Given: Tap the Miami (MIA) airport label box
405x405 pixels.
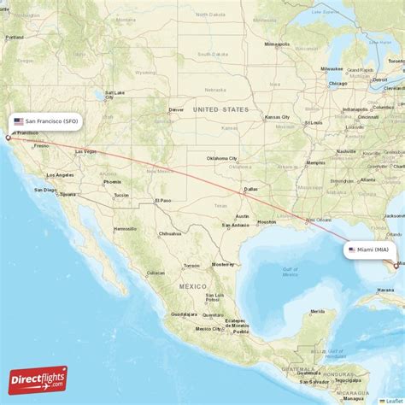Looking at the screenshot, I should click(x=373, y=249).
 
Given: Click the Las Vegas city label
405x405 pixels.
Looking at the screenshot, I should click(x=85, y=151).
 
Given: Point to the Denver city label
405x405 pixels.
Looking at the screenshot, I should click(x=176, y=109).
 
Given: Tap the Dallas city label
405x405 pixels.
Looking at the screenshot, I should click(x=250, y=189).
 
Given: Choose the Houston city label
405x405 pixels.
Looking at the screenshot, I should click(x=267, y=221).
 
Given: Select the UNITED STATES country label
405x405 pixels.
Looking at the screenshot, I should click(x=220, y=109).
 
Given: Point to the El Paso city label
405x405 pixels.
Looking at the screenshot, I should click(x=163, y=200).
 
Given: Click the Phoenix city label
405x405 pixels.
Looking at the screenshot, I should click(x=112, y=182).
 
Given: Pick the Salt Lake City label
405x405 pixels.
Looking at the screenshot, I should click(x=115, y=94).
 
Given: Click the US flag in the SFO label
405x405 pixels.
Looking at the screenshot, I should click(x=18, y=121).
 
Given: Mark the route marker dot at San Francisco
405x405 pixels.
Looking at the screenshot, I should click(x=9, y=137).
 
